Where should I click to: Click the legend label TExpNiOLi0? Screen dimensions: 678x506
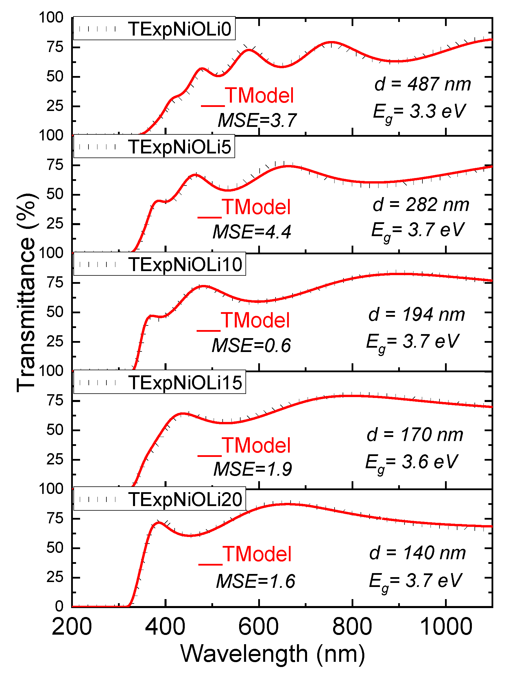click(180, 29)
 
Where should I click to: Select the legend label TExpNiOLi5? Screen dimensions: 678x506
click(180, 147)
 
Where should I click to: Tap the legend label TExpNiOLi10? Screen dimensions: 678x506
click(185, 264)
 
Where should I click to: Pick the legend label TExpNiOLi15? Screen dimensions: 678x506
click(185, 382)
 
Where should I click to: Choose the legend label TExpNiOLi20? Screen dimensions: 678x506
click(185, 500)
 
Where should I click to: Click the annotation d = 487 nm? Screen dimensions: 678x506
click(422, 84)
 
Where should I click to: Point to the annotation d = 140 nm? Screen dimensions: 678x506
click(417, 553)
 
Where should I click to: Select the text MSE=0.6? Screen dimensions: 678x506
click(251, 346)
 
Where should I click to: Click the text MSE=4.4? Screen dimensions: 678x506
click(252, 232)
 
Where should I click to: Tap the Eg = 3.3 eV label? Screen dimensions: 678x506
click(419, 112)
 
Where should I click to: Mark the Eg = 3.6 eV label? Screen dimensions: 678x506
click(412, 462)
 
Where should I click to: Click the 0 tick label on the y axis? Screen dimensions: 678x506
click(59, 606)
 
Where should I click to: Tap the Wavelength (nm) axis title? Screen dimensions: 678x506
click(273, 654)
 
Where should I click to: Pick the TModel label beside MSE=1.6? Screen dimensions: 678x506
click(257, 554)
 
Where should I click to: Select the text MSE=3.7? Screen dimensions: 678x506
click(257, 120)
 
